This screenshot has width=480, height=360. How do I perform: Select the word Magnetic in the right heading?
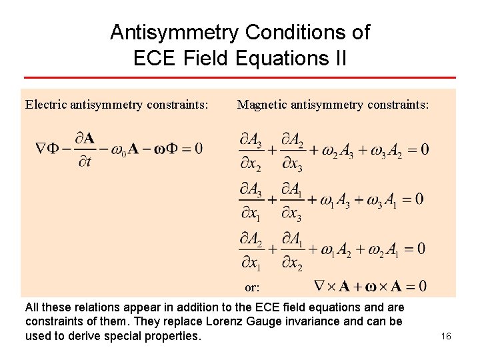(x=263, y=105)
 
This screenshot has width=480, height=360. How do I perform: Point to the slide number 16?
(x=446, y=336)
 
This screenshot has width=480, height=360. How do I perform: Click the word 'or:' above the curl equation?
(x=252, y=288)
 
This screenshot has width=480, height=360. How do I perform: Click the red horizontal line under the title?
(x=239, y=78)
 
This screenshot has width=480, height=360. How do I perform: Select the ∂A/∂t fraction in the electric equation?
(x=84, y=149)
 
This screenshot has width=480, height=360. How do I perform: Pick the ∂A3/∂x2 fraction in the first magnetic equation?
(x=250, y=151)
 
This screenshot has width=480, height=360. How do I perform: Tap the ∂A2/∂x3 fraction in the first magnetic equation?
(x=292, y=151)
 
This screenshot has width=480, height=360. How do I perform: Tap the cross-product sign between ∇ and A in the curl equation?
(x=330, y=287)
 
